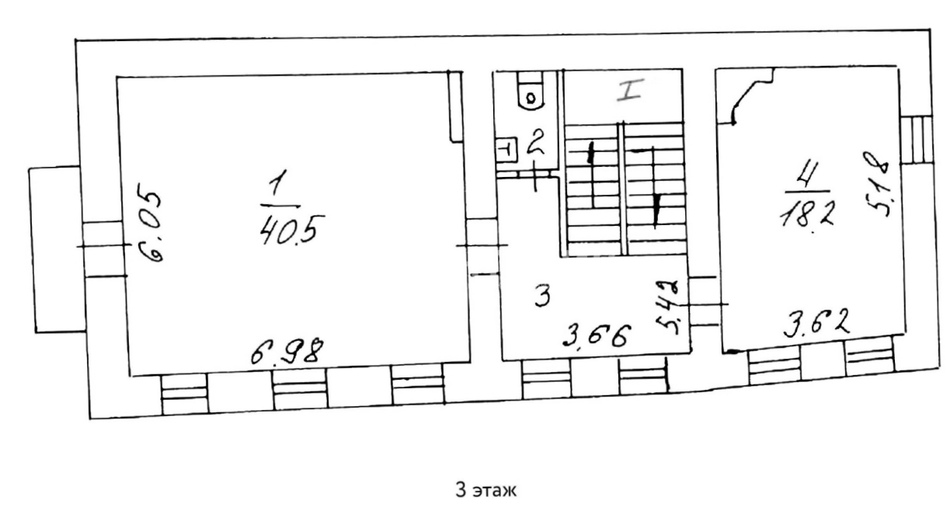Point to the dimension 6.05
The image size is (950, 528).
pos(150,228)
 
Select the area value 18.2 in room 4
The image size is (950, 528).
pos(807,214)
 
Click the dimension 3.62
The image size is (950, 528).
pos(816,324)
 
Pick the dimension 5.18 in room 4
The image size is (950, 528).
pos(876,183)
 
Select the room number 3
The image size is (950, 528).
pos(543,296)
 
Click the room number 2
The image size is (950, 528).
pos(536,144)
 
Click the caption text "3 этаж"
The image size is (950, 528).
pos(486,490)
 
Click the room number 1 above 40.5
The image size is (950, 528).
pos(278,182)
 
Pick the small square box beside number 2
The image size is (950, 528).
pos(506,150)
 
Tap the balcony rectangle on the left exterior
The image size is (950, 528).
pos(57,249)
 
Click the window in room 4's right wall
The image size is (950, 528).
pos(917,139)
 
